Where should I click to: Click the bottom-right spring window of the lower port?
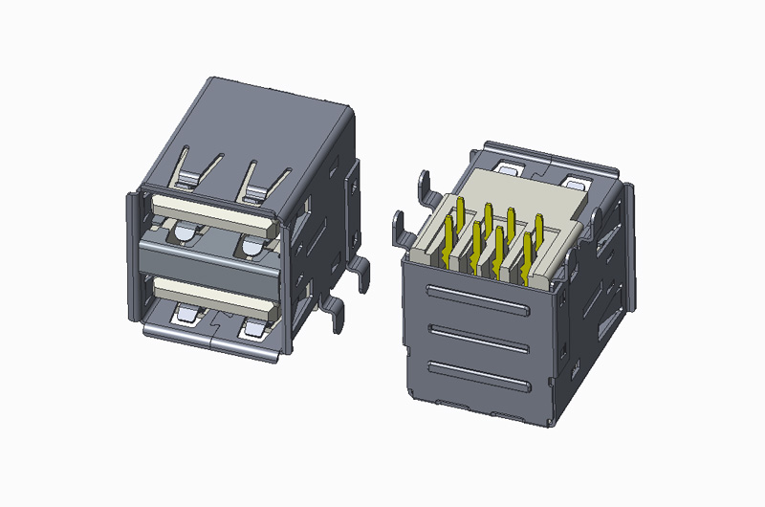pos(254,329)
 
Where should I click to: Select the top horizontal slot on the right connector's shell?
pos(478,298)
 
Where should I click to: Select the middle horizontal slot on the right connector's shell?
pos(478,335)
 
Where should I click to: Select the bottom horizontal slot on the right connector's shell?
pos(478,374)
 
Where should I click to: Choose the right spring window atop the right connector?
pos(579,181)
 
